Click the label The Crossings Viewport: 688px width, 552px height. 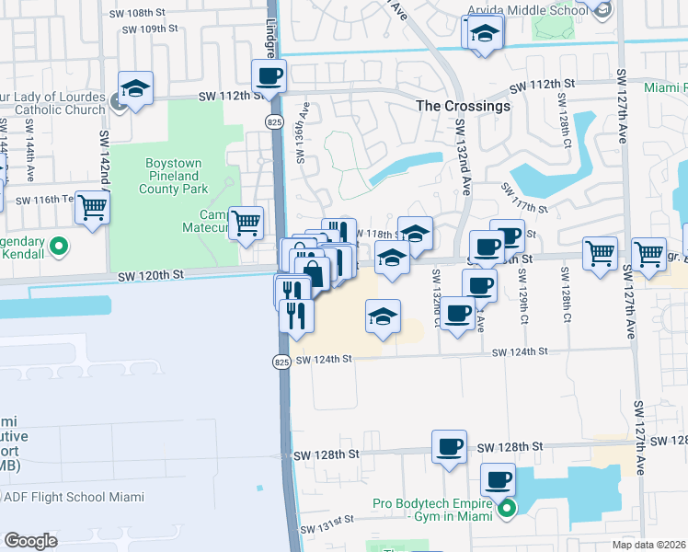pos(463,106)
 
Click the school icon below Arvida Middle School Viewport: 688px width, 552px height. pos(483,33)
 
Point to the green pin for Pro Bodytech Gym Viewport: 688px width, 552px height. pos(505,508)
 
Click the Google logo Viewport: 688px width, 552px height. pos(30,540)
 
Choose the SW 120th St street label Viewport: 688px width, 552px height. pos(151,275)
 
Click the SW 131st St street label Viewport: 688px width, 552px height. pos(327,531)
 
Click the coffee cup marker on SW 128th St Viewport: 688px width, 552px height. pos(449,447)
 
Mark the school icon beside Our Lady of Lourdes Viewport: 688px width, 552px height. pos(136,88)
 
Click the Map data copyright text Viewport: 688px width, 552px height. pos(650,545)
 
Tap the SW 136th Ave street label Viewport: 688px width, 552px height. pos(301,139)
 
